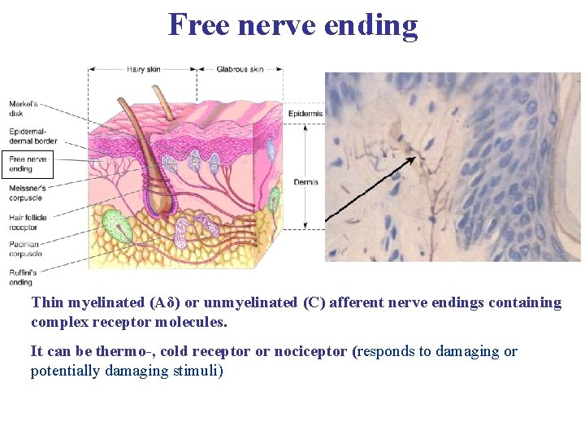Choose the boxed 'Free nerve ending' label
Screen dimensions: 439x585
point(27,164)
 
